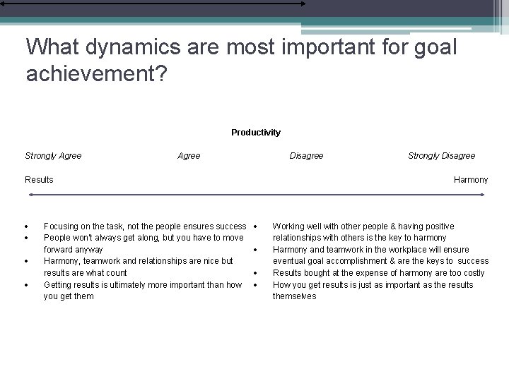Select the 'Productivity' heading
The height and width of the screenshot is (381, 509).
click(x=256, y=133)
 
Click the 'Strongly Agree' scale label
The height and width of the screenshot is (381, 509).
click(x=53, y=156)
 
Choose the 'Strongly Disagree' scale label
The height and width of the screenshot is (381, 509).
click(x=441, y=156)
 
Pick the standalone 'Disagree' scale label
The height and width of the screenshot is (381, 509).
click(x=306, y=156)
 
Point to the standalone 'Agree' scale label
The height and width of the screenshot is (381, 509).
click(x=189, y=156)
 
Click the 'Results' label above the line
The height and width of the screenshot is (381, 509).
click(x=39, y=180)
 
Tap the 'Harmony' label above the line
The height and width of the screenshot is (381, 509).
click(x=471, y=180)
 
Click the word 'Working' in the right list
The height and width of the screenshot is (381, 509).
click(x=288, y=226)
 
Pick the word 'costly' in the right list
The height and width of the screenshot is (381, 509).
click(x=472, y=273)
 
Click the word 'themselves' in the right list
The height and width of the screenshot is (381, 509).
click(x=294, y=296)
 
